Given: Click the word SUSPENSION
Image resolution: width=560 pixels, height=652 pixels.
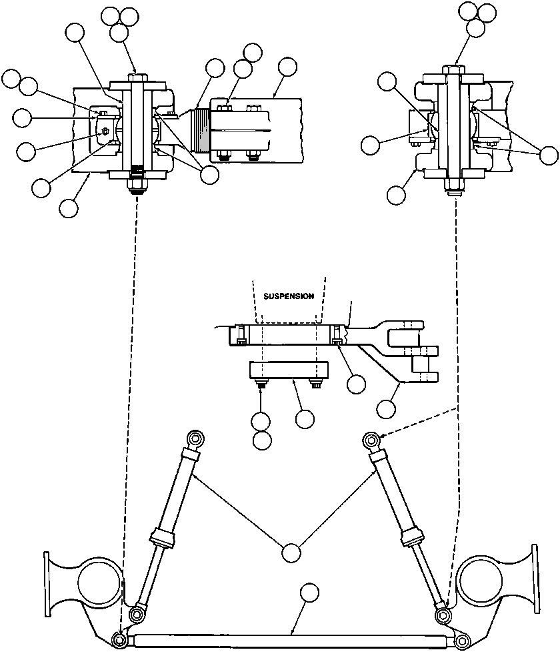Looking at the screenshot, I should [x=288, y=296].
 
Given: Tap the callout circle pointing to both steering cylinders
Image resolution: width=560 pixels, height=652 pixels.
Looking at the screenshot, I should [x=290, y=553].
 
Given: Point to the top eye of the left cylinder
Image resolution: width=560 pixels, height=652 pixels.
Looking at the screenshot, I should [x=196, y=438].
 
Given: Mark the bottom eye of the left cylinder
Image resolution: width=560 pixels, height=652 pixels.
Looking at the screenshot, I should [x=137, y=614].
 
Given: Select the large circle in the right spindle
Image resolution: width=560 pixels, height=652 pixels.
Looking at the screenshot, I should [x=482, y=580].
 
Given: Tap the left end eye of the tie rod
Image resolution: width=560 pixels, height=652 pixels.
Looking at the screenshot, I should [x=120, y=639].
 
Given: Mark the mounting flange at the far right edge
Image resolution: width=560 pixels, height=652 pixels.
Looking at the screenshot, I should [x=534, y=579].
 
